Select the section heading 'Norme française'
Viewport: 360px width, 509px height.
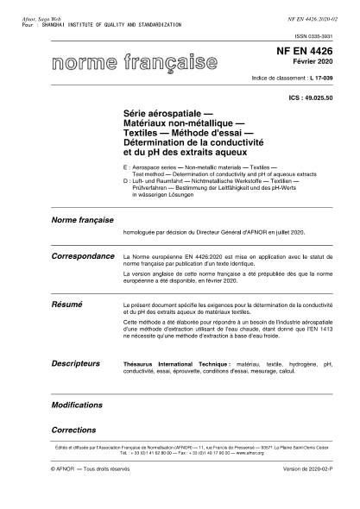click(83, 222)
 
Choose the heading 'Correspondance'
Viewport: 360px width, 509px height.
click(84, 257)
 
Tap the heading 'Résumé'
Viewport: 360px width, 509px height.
click(67, 305)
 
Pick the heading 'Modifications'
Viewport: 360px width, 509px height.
click(78, 404)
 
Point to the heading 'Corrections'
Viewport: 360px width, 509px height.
click(73, 428)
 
